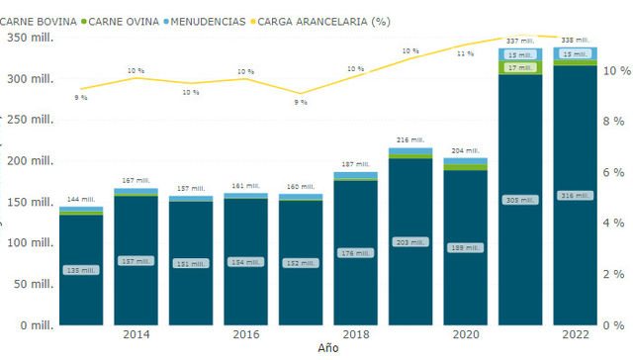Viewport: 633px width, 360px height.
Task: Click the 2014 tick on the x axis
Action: tap(136, 335)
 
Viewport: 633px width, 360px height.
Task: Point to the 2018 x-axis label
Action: tap(355, 335)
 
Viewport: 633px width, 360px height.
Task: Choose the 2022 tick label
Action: tap(575, 335)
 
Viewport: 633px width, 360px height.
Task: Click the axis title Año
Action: tap(327, 349)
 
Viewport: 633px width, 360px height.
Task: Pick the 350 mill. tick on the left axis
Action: tap(30, 38)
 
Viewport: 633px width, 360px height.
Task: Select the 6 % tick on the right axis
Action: tap(611, 172)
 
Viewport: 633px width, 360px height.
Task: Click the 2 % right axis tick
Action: tap(611, 274)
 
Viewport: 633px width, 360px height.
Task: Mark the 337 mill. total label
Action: tap(519, 41)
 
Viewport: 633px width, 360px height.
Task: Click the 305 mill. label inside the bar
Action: tap(519, 200)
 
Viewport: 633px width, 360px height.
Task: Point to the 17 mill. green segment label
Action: tap(519, 67)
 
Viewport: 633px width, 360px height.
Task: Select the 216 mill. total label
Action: tap(409, 140)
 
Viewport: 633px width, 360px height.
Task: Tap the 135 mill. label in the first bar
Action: tap(81, 268)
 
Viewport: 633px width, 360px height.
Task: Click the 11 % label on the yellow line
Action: tap(465, 53)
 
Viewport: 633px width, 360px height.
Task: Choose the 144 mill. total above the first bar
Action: tap(81, 200)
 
